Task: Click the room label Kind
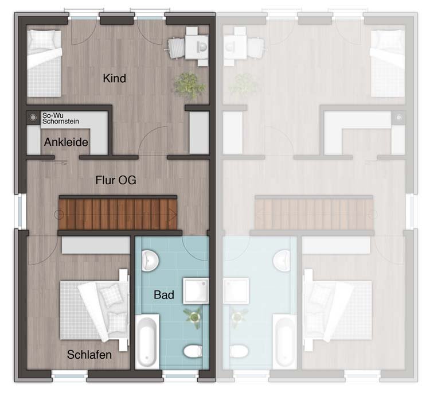114,78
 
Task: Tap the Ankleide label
66,142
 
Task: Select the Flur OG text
116,180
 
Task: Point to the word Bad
164,295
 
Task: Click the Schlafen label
89,355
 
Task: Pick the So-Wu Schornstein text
61,118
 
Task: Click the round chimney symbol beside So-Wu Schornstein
33,118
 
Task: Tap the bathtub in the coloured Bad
147,341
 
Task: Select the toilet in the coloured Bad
193,351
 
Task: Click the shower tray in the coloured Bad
196,291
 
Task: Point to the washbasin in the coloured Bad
150,261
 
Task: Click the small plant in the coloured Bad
194,317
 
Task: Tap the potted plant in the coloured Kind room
189,85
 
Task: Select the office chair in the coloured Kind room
175,48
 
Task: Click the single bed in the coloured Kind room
44,63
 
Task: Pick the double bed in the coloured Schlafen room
95,309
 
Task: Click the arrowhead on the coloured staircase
173,215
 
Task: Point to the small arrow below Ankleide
61,164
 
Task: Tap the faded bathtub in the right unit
284,341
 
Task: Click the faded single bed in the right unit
388,63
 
